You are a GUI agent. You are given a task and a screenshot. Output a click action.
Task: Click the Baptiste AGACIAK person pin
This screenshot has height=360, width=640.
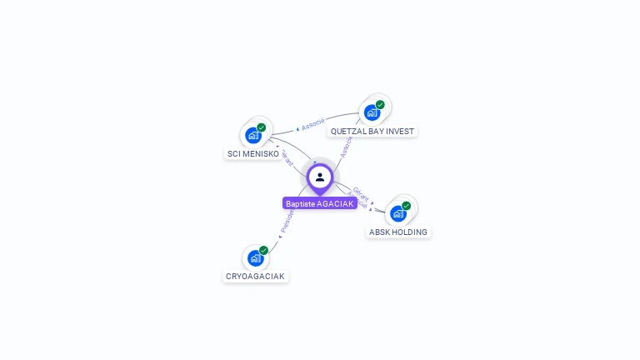(320, 177)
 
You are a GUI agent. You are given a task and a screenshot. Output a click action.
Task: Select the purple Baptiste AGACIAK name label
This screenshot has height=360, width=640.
(320, 203)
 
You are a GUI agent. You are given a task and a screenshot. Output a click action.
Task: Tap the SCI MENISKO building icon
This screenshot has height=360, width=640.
(253, 136)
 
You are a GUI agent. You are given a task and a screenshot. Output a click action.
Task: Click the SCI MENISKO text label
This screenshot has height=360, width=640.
(253, 153)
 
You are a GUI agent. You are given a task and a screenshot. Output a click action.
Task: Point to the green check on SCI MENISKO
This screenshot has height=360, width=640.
(262, 127)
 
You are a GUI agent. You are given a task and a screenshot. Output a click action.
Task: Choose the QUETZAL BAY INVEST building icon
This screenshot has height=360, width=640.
(372, 112)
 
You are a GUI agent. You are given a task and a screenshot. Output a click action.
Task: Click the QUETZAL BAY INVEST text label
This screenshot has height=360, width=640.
(372, 131)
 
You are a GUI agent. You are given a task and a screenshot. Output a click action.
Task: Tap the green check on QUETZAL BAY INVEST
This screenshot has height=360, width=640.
(380, 105)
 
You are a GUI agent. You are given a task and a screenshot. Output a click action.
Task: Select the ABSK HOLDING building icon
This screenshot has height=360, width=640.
(398, 213)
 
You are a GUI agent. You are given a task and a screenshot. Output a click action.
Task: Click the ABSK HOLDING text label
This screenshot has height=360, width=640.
(398, 232)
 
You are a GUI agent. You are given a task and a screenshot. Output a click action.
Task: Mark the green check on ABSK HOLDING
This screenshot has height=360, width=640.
(407, 206)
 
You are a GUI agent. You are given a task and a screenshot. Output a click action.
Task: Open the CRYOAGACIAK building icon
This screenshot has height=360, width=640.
(255, 258)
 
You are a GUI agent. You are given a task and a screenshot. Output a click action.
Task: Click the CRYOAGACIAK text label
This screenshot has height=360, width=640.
(255, 276)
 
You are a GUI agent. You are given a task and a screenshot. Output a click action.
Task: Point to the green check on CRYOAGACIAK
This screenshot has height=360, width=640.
(263, 250)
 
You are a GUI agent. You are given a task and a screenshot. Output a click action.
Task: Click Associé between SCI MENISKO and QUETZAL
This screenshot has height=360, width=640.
(313, 124)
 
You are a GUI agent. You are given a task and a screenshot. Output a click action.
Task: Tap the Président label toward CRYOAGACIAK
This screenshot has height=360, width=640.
(287, 221)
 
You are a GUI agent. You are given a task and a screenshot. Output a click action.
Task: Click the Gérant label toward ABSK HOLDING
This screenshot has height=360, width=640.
(361, 192)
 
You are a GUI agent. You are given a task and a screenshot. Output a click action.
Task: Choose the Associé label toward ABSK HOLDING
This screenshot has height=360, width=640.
(357, 200)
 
